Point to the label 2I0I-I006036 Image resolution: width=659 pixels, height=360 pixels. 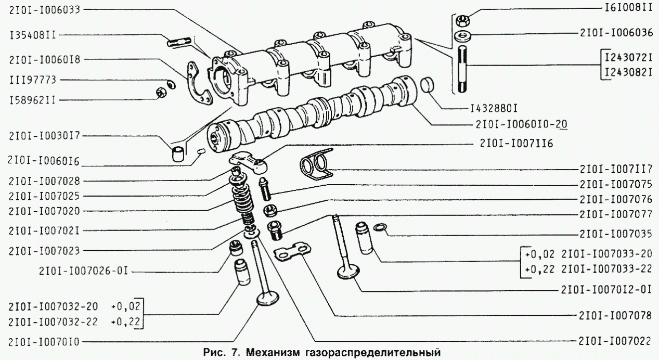[x=616, y=32]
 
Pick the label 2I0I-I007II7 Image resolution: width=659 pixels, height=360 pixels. [x=616, y=169]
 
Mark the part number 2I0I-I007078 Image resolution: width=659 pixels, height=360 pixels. [x=616, y=315]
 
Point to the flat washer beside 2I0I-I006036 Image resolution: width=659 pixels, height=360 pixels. [x=461, y=36]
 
